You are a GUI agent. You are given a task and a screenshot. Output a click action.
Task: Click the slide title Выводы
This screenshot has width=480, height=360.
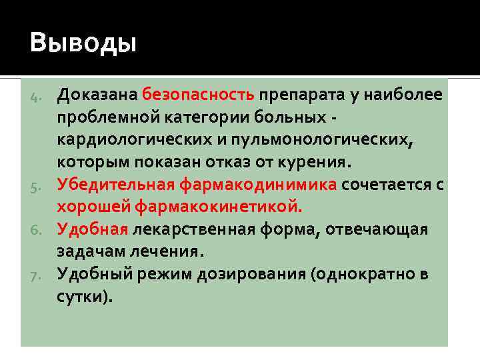click(x=83, y=44)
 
